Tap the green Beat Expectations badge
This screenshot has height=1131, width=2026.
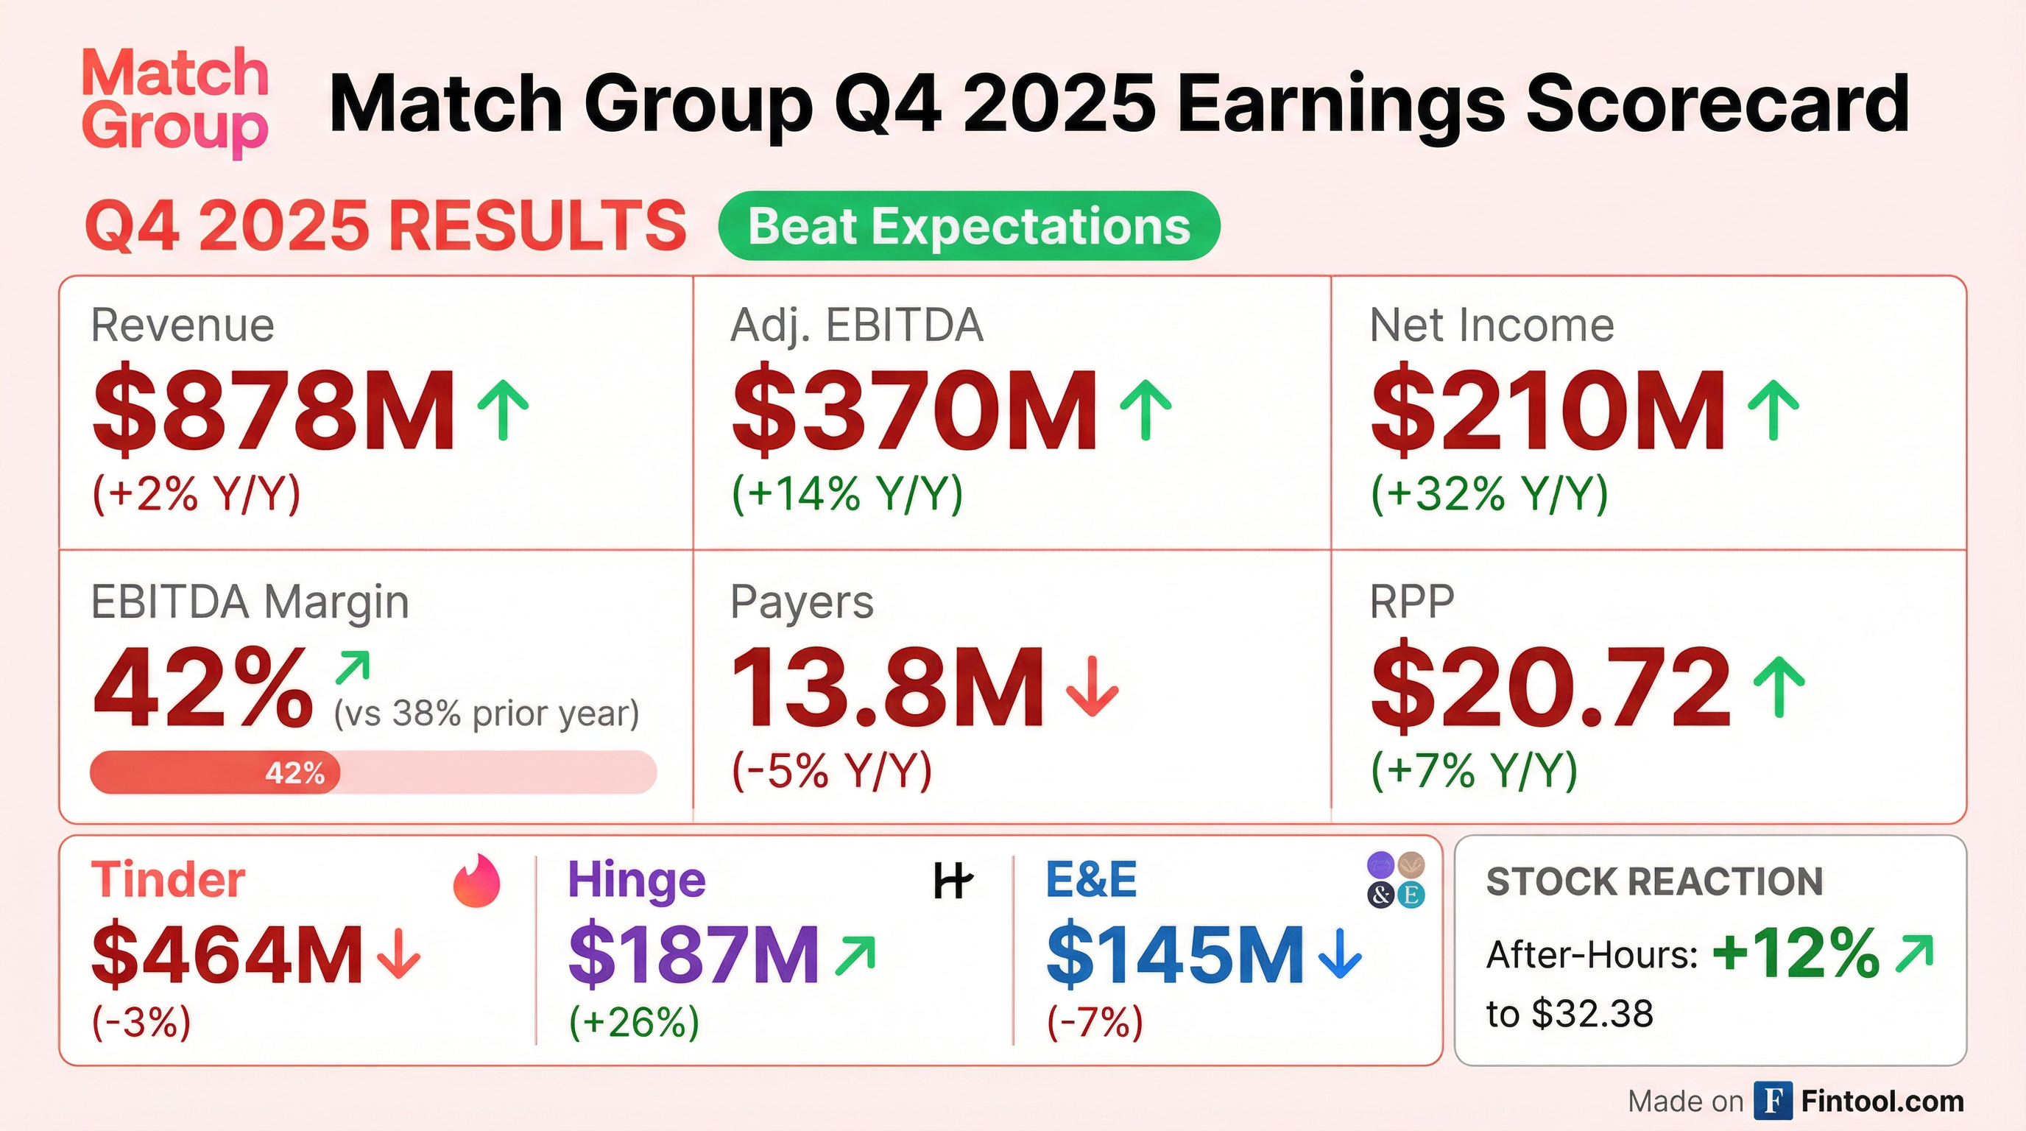point(969,226)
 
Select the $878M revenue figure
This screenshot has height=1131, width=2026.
point(274,412)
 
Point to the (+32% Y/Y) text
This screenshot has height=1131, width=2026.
point(1489,494)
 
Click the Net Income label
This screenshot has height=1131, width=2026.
point(1492,325)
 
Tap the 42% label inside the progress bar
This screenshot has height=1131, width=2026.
point(295,772)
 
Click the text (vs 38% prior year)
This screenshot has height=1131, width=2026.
point(486,714)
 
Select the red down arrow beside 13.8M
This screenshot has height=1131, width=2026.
point(1092,688)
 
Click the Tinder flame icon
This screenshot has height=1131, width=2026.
point(476,881)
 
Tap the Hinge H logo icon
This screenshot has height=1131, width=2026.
point(953,880)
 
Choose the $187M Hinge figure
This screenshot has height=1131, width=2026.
point(693,955)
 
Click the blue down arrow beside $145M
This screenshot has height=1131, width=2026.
point(1339,954)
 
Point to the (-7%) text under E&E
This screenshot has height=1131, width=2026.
point(1095,1023)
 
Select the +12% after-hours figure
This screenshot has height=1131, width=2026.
point(1796,953)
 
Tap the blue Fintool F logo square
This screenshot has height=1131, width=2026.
point(1773,1100)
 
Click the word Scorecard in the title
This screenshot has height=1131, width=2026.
point(1718,103)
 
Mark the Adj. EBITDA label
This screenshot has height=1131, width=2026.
point(856,325)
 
